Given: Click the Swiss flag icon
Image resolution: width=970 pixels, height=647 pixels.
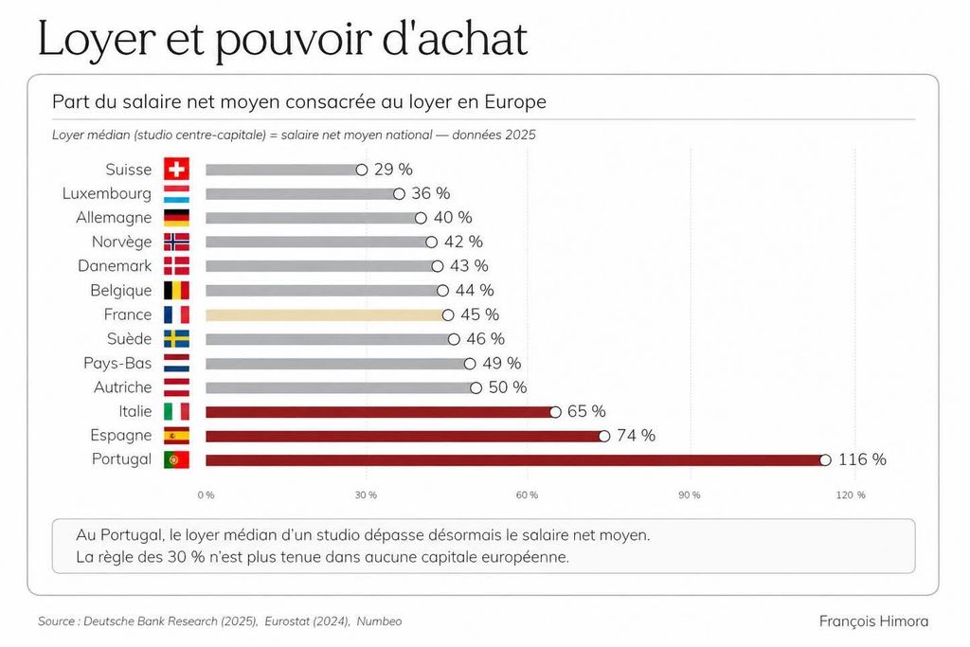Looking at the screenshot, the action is click(x=176, y=169).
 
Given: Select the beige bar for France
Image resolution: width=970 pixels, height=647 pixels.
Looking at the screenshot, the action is click(x=326, y=315).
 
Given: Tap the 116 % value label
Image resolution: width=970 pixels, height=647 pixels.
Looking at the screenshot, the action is click(x=862, y=459).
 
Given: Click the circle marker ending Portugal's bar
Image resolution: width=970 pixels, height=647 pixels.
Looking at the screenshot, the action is click(x=825, y=460).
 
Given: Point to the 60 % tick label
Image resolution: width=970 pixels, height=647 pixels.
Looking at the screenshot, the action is click(x=527, y=494).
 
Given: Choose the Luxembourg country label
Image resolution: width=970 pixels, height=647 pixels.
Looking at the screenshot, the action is click(x=106, y=193).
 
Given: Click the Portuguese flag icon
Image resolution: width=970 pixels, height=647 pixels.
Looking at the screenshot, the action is click(x=176, y=459).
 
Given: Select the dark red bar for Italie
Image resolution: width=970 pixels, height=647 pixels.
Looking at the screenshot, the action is click(x=379, y=412).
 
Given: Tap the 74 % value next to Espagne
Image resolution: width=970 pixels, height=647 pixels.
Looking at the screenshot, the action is click(x=636, y=436).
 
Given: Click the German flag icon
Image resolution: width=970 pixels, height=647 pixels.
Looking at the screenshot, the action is click(x=176, y=217).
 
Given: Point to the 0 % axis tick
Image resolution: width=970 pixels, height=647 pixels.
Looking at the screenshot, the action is click(x=206, y=494).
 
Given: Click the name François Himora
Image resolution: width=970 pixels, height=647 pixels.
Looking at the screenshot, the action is click(x=873, y=621).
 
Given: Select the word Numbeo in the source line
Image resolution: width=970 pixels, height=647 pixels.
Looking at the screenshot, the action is click(x=379, y=621).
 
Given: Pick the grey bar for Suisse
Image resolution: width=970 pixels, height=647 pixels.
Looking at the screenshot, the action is click(x=281, y=170).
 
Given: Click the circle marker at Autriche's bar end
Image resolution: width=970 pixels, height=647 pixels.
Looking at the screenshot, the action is click(x=476, y=387).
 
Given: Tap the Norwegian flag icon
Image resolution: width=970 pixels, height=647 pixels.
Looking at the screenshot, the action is click(x=176, y=242).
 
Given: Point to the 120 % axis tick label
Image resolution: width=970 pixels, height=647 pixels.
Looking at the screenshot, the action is click(x=851, y=494).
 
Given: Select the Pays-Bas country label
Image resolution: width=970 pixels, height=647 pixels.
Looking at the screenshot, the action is click(x=117, y=363).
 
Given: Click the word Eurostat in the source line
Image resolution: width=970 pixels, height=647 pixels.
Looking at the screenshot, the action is click(x=291, y=621).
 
